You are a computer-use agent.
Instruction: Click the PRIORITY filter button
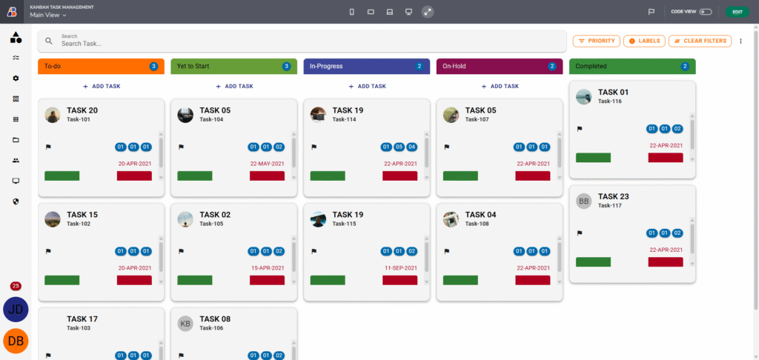click(x=595, y=41)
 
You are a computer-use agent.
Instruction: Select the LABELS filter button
click(x=644, y=41)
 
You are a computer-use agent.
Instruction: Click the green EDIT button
click(x=737, y=12)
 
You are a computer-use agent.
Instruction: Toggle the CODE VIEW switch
click(x=706, y=12)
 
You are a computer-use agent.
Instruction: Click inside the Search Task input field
click(x=296, y=44)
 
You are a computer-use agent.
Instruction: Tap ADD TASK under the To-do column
click(x=102, y=86)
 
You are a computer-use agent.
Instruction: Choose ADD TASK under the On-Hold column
click(x=500, y=86)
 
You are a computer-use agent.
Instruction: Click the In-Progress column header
click(x=356, y=66)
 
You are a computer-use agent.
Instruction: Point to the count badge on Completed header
click(x=685, y=66)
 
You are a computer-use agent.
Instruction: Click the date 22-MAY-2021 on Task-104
click(x=268, y=164)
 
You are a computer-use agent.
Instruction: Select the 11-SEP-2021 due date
click(x=400, y=267)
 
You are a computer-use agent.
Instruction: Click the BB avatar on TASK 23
click(x=584, y=201)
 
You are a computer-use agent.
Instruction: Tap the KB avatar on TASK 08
click(x=185, y=323)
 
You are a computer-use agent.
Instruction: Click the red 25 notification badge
click(x=16, y=286)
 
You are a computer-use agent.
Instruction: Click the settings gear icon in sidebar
click(x=16, y=78)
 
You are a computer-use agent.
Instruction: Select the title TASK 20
click(x=82, y=110)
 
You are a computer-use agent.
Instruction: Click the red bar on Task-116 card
click(x=666, y=158)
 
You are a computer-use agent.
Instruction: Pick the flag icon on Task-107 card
click(x=447, y=147)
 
